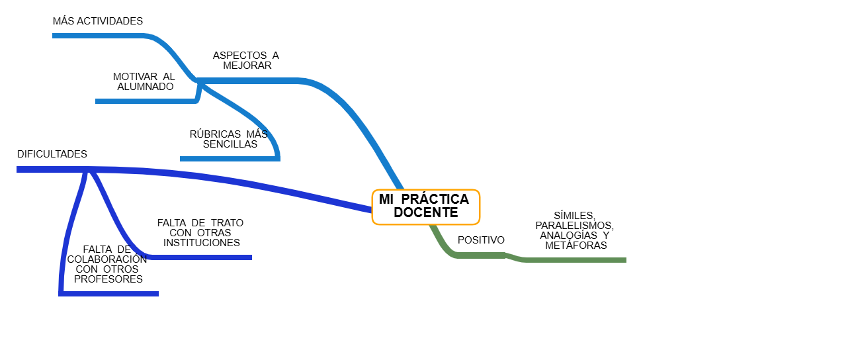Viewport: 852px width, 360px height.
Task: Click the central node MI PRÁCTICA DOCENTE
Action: click(x=425, y=206)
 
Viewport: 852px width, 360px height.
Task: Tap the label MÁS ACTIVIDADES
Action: click(x=98, y=21)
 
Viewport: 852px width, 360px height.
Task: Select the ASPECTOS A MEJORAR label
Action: click(x=246, y=60)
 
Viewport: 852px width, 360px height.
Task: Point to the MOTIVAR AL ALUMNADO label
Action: click(x=144, y=81)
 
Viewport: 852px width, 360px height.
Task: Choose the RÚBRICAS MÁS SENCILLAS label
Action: click(x=229, y=139)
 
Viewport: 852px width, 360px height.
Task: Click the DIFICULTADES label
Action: click(x=52, y=154)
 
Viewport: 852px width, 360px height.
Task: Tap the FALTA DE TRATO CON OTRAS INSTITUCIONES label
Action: click(x=200, y=233)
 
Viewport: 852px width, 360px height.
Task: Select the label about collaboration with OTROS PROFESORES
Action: click(x=107, y=264)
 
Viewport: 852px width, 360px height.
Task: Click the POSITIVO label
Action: click(x=481, y=240)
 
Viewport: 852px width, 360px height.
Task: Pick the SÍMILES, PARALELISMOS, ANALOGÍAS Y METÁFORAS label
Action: click(x=575, y=230)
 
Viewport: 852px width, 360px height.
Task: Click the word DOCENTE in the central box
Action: click(x=425, y=213)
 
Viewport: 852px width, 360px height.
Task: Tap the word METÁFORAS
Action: click(x=576, y=246)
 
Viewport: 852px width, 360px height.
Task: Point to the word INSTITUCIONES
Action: click(x=202, y=243)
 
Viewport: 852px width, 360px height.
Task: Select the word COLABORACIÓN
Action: click(x=107, y=259)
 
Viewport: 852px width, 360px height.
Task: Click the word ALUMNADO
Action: click(x=146, y=87)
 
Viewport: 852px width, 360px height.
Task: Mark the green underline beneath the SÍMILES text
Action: click(x=575, y=260)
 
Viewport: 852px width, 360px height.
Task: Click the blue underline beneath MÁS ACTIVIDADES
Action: click(x=99, y=36)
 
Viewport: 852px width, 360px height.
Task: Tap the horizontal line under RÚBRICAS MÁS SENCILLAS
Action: click(x=228, y=159)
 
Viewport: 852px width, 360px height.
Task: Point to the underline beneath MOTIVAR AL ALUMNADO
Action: click(x=146, y=101)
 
